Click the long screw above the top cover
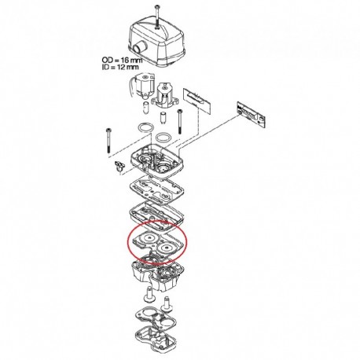click(x=156, y=17)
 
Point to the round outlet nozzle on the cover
click(x=138, y=49)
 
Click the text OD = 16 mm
click(x=122, y=61)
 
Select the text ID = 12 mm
click(x=120, y=67)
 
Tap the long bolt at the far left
click(x=108, y=141)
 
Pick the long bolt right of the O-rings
click(x=179, y=121)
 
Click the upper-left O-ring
click(x=146, y=127)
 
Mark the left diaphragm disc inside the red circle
click(x=149, y=238)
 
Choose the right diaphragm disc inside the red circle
click(x=167, y=248)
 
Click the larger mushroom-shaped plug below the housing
click(x=150, y=294)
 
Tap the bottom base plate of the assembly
click(x=156, y=337)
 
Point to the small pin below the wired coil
click(x=145, y=108)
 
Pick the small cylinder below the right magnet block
click(x=163, y=118)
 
